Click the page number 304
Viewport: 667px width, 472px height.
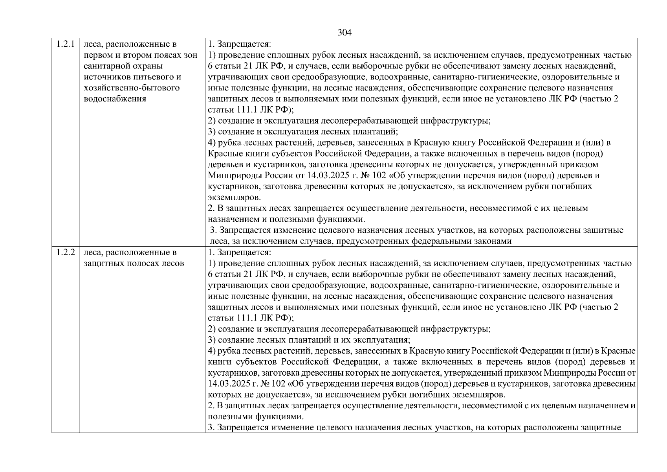pos(344,33)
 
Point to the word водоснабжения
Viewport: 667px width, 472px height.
pos(115,99)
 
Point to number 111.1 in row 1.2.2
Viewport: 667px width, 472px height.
pos(247,318)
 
